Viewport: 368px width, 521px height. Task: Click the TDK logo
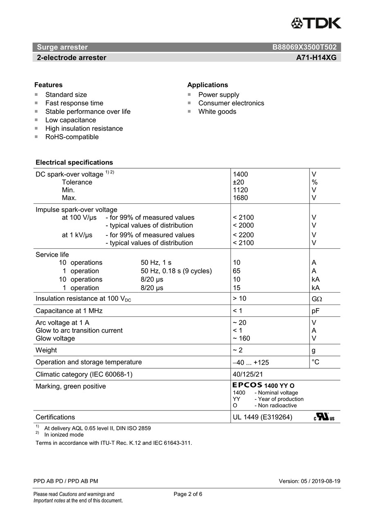point(316,23)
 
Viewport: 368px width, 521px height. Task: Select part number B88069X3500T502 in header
point(304,47)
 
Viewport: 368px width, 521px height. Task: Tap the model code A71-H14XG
point(316,58)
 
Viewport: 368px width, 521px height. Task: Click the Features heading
point(48,85)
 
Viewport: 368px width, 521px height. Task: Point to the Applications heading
point(207,85)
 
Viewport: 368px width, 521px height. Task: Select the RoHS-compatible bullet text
point(72,137)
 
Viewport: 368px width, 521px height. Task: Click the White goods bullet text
point(217,112)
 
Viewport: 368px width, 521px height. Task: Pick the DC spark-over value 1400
point(240,174)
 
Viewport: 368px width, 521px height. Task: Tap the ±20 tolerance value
point(238,182)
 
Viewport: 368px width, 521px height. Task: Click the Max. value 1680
point(240,198)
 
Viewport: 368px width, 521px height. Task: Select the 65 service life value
point(236,271)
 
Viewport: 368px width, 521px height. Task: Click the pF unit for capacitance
point(315,311)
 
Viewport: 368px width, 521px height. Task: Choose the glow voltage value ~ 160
point(241,338)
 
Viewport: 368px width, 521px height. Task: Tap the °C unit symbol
point(315,362)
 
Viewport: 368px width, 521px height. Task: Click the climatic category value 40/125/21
point(248,374)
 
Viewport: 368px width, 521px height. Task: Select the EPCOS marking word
point(247,385)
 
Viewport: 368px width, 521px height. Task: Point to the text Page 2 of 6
point(188,494)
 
